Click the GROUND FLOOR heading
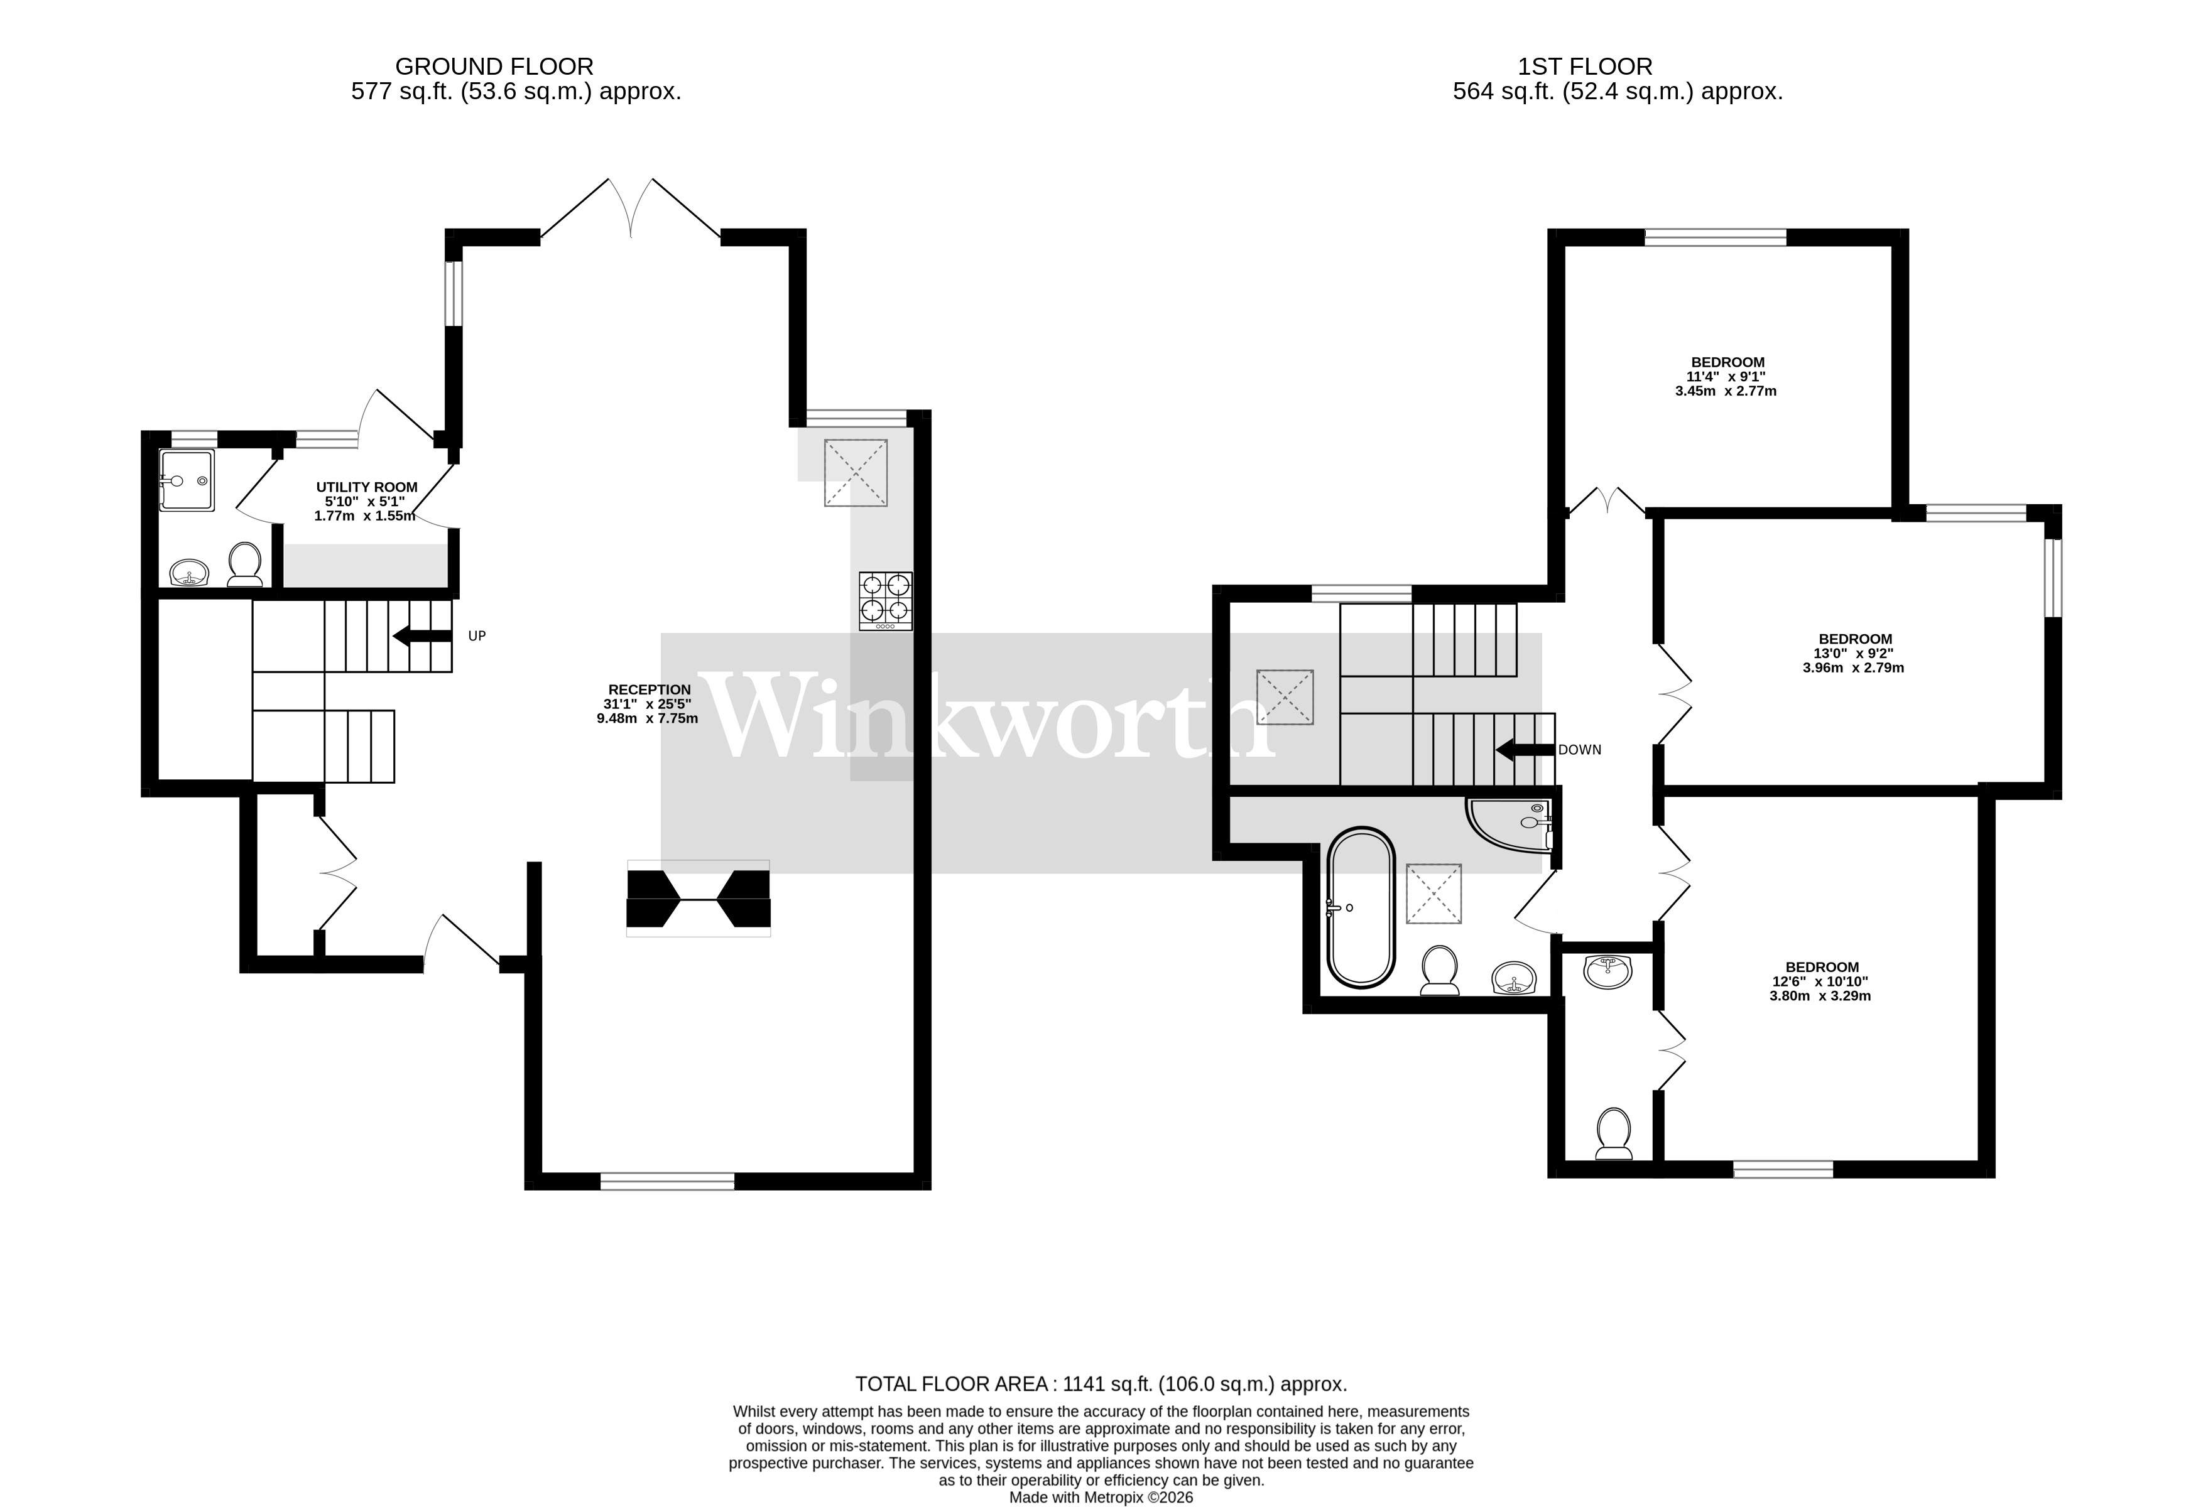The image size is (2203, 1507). [x=494, y=67]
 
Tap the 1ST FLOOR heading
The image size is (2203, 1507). [x=1584, y=67]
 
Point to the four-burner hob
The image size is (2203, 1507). [x=885, y=601]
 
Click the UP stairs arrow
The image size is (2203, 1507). [x=423, y=636]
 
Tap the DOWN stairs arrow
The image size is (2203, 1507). [x=1525, y=750]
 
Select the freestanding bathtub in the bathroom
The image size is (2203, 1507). [x=1360, y=909]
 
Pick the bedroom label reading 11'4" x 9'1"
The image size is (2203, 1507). [x=1727, y=376]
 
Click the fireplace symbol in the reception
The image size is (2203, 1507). [x=698, y=899]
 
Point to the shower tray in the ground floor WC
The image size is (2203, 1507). [x=187, y=480]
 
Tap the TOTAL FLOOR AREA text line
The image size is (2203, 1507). [x=1101, y=1384]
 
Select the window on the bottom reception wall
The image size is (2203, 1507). [x=667, y=1181]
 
